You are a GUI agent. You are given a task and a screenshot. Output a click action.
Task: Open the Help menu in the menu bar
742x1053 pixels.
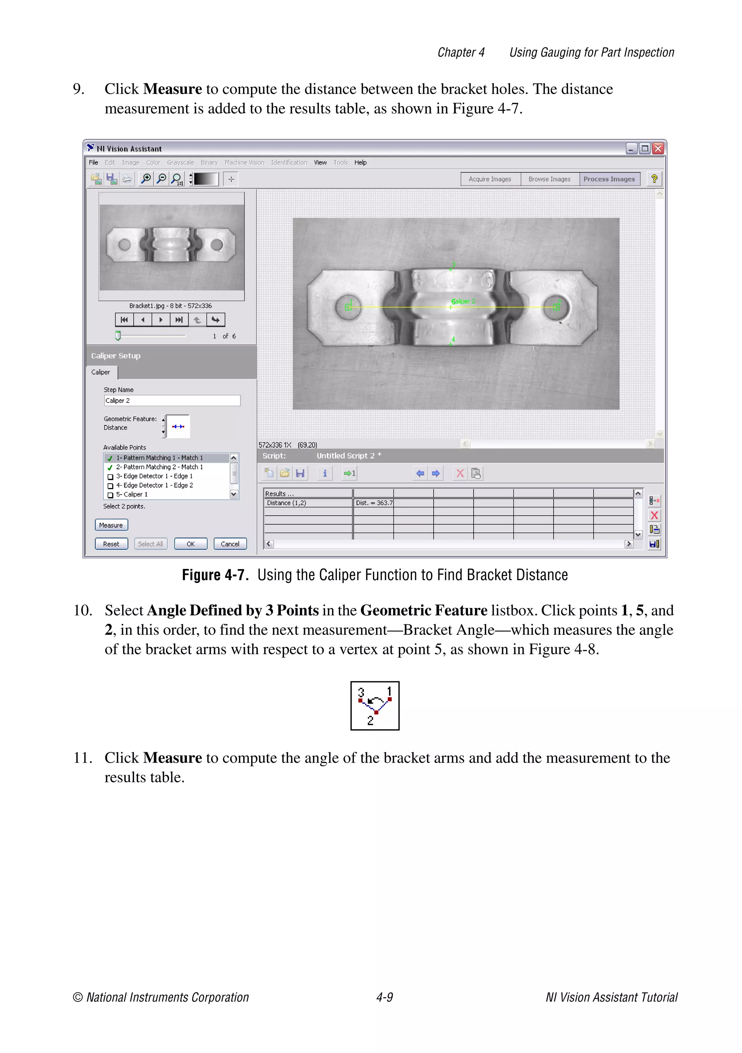coord(360,162)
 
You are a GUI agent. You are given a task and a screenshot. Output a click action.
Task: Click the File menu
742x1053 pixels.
coord(93,162)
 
